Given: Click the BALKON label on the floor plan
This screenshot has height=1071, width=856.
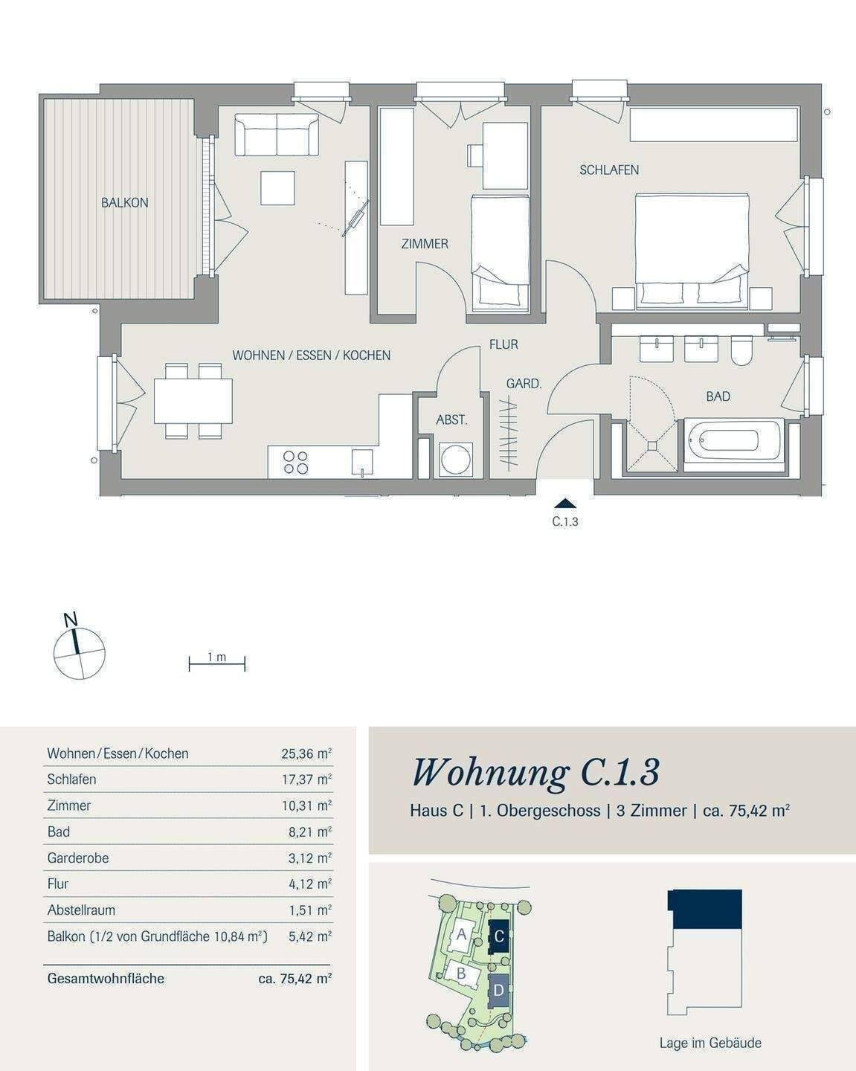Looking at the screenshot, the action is [124, 202].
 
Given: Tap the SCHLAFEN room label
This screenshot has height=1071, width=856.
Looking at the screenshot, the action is [609, 170].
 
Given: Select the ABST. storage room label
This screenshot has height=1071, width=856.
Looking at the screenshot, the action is [452, 419].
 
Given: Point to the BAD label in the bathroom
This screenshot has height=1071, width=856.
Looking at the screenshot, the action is [718, 396].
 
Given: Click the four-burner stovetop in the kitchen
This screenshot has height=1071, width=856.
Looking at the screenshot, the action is [295, 462].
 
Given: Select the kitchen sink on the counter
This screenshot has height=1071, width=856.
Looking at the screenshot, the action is [362, 463].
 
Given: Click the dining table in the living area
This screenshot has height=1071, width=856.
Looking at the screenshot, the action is [193, 401].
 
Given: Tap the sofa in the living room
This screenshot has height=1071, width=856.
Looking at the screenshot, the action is [276, 135].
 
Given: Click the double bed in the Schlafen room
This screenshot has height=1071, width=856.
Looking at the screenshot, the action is [692, 251].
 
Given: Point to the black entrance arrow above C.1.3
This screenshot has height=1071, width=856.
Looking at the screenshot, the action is [564, 503].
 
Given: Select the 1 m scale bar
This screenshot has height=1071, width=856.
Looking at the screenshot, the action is [217, 664].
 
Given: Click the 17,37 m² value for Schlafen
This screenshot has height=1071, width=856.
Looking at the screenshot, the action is [306, 779].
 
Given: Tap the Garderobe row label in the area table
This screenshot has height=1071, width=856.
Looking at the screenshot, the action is [77, 858].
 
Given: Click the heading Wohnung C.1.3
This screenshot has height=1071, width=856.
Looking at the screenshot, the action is [536, 773].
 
